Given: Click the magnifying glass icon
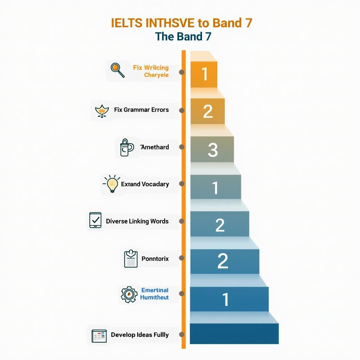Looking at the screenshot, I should [117, 70].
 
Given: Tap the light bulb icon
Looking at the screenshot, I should [112, 184].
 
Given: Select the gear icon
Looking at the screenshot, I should [128, 294].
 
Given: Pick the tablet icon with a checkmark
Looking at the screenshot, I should [95, 220].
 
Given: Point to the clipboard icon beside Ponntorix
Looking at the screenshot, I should [130, 259].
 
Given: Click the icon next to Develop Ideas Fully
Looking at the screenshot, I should [99, 336].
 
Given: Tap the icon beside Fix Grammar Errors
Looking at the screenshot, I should [102, 110].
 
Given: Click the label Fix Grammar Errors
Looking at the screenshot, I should [141, 110].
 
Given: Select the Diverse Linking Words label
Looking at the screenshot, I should [137, 221].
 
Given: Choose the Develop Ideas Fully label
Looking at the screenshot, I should [140, 335].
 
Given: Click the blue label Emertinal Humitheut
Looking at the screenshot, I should [154, 294].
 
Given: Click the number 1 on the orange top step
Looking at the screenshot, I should [204, 74].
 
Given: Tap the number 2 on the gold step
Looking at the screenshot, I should [208, 111].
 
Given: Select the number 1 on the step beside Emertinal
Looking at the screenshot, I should [225, 300].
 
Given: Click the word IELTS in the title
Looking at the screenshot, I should [127, 23].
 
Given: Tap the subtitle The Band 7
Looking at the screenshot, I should [183, 36].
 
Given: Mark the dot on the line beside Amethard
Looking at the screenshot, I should [182, 147].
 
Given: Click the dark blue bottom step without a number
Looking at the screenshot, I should [234, 334].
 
